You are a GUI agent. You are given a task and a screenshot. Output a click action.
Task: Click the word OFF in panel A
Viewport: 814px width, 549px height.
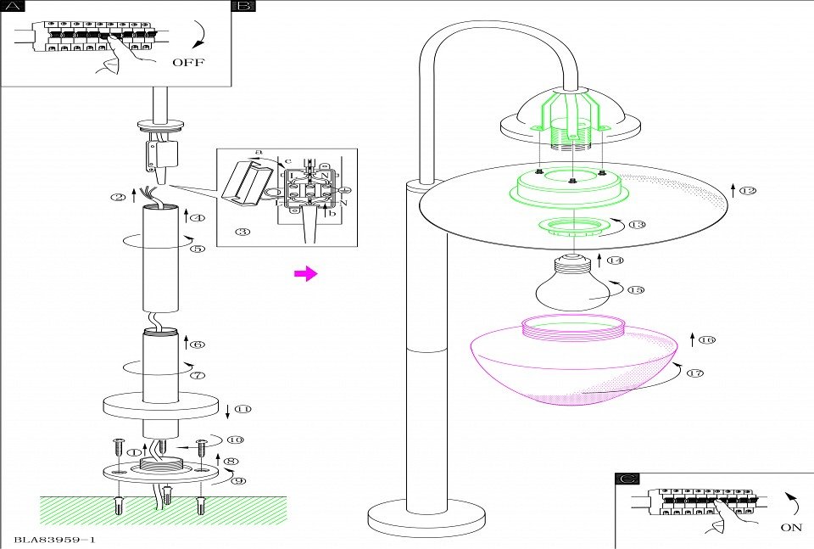pos(188,62)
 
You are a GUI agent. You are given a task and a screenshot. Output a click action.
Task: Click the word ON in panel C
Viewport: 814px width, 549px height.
pos(789,527)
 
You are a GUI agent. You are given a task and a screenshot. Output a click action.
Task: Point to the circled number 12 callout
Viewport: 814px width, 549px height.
pos(747,190)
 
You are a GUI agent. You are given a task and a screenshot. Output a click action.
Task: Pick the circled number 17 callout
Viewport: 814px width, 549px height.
pos(696,373)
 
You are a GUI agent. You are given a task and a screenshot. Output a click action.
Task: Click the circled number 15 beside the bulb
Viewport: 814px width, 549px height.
pos(637,289)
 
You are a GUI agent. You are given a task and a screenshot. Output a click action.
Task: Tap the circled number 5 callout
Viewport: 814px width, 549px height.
pos(197,249)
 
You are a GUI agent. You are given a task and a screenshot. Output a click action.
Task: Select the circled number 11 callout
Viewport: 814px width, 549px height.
pos(243,409)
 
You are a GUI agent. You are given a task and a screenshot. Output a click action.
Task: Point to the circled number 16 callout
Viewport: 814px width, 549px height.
pos(707,340)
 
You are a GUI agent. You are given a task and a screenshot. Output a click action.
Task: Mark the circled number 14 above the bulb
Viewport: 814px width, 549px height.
pos(615,260)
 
